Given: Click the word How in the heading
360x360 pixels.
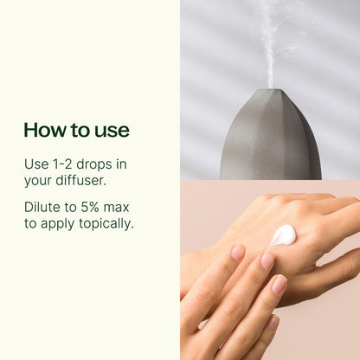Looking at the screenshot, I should (x=42, y=131).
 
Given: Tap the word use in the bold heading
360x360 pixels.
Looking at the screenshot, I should (x=112, y=131).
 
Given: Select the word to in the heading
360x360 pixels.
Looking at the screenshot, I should (x=80, y=131).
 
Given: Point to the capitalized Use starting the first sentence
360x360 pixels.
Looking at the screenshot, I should (x=35, y=164).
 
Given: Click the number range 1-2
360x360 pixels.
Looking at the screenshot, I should (x=63, y=164).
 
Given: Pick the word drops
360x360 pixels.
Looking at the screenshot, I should (x=97, y=164).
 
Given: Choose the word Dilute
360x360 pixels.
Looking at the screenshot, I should (x=42, y=207).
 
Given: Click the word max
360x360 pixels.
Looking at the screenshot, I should (x=118, y=207).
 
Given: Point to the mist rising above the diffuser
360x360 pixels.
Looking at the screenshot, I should (x=269, y=43).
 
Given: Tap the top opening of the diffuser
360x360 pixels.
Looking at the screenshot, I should (x=269, y=90).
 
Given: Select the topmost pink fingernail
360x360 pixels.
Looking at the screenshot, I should (x=238, y=253).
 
